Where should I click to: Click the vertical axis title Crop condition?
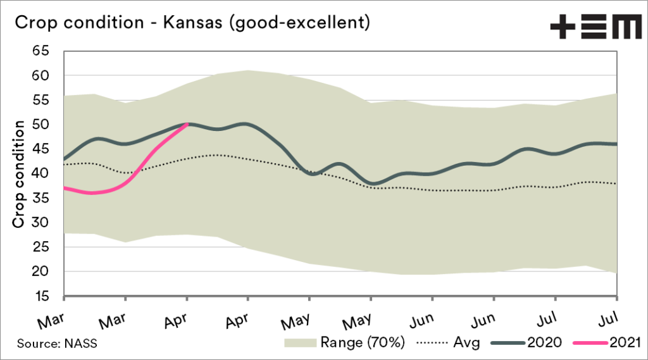(19, 174)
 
